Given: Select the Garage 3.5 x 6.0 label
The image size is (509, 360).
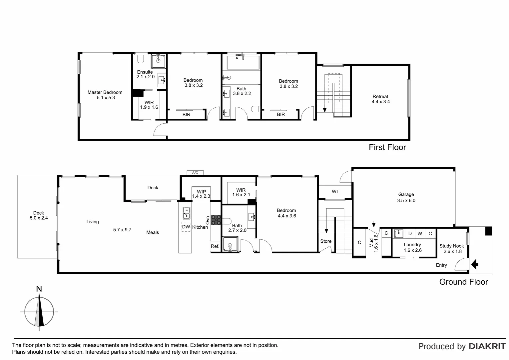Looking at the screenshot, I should [406, 197].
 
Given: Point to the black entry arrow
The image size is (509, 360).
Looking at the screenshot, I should [475, 265].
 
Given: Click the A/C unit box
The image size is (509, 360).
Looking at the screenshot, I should [195, 173].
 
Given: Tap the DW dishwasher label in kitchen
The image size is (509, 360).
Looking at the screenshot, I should [186, 227].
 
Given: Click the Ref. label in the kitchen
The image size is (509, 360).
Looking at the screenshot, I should [215, 246].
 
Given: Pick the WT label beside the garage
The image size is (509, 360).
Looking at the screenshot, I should [335, 192].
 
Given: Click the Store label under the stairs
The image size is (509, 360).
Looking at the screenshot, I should [326, 241].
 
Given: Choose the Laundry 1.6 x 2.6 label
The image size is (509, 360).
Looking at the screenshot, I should [412, 247].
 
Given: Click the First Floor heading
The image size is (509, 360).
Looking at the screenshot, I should [387, 147].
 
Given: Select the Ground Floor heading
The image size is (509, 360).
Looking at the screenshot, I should [463, 282].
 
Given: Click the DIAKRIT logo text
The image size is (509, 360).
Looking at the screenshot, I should [487, 346].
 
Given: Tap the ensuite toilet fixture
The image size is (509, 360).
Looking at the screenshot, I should [141, 59].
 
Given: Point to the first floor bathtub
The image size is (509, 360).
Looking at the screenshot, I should [243, 62].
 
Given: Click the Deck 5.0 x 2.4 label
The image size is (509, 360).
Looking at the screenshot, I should [39, 215].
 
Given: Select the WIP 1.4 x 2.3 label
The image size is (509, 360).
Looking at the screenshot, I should [201, 194].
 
